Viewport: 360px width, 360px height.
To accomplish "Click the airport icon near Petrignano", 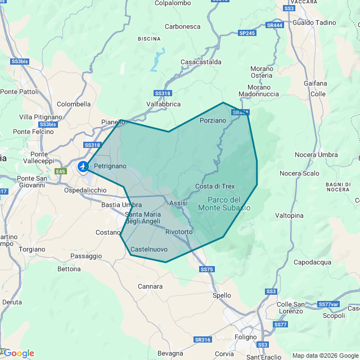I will coord(83,166).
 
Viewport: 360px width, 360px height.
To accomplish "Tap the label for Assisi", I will coord(178,203).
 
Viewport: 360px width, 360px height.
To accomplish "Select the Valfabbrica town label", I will coord(164,104).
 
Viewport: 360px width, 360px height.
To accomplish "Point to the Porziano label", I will coord(213,120).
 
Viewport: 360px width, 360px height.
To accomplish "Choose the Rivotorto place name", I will coord(179,232).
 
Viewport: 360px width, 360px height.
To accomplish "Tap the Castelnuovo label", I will coord(148,249).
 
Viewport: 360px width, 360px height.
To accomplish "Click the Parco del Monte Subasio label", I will coord(224,204).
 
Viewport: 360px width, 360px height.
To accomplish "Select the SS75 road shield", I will coord(207,270).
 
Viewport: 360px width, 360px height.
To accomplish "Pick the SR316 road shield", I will coord(202,340).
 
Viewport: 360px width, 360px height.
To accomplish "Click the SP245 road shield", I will coord(247,33).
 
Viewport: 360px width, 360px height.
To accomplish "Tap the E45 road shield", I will coord(60,171).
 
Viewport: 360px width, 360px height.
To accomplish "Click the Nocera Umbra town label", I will coord(316,155).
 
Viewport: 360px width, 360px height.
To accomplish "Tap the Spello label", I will coord(222,295).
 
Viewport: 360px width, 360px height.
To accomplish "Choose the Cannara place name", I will coord(150,286).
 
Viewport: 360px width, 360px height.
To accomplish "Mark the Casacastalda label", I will coord(201,62).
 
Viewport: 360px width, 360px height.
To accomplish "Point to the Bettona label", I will coord(69,269).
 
